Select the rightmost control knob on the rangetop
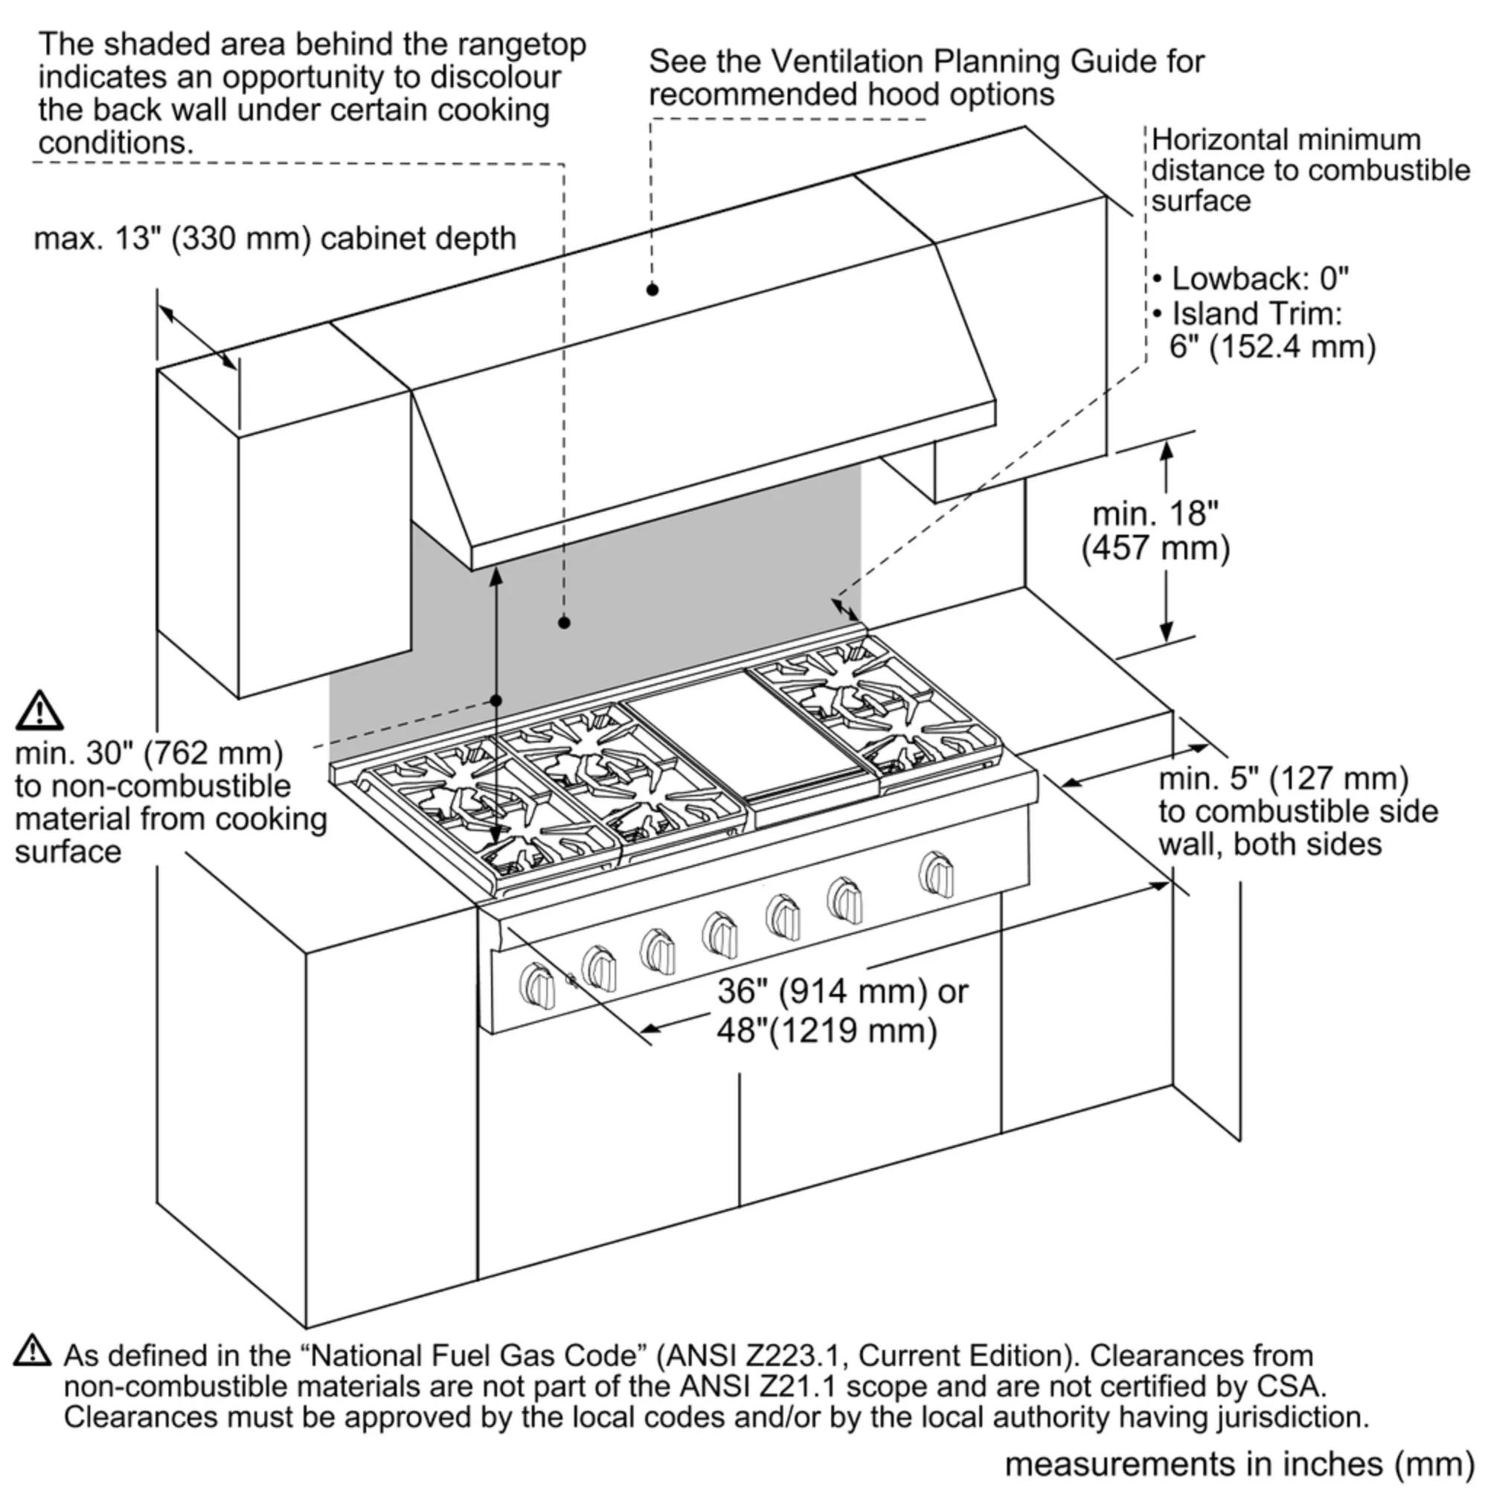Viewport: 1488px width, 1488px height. point(936,874)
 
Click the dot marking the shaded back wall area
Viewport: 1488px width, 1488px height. point(564,622)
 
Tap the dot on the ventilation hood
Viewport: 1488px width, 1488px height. point(652,289)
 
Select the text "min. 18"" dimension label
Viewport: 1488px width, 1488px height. point(1155,513)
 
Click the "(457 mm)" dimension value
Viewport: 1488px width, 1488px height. point(1155,548)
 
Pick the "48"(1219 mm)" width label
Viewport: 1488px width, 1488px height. point(827,1030)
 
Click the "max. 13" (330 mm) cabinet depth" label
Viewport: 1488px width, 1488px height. point(275,239)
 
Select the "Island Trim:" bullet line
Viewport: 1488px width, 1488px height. point(1255,313)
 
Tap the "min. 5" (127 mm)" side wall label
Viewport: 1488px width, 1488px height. point(1283,778)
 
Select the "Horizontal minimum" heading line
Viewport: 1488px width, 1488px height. point(1286,140)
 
